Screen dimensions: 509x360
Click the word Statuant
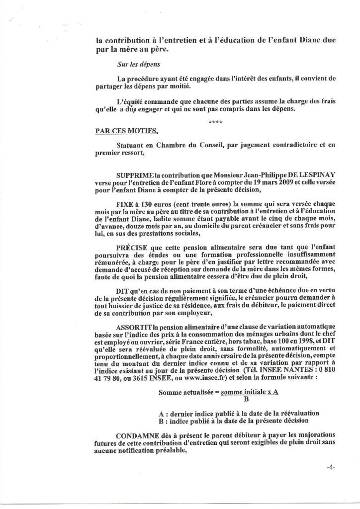pos(132,145)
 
